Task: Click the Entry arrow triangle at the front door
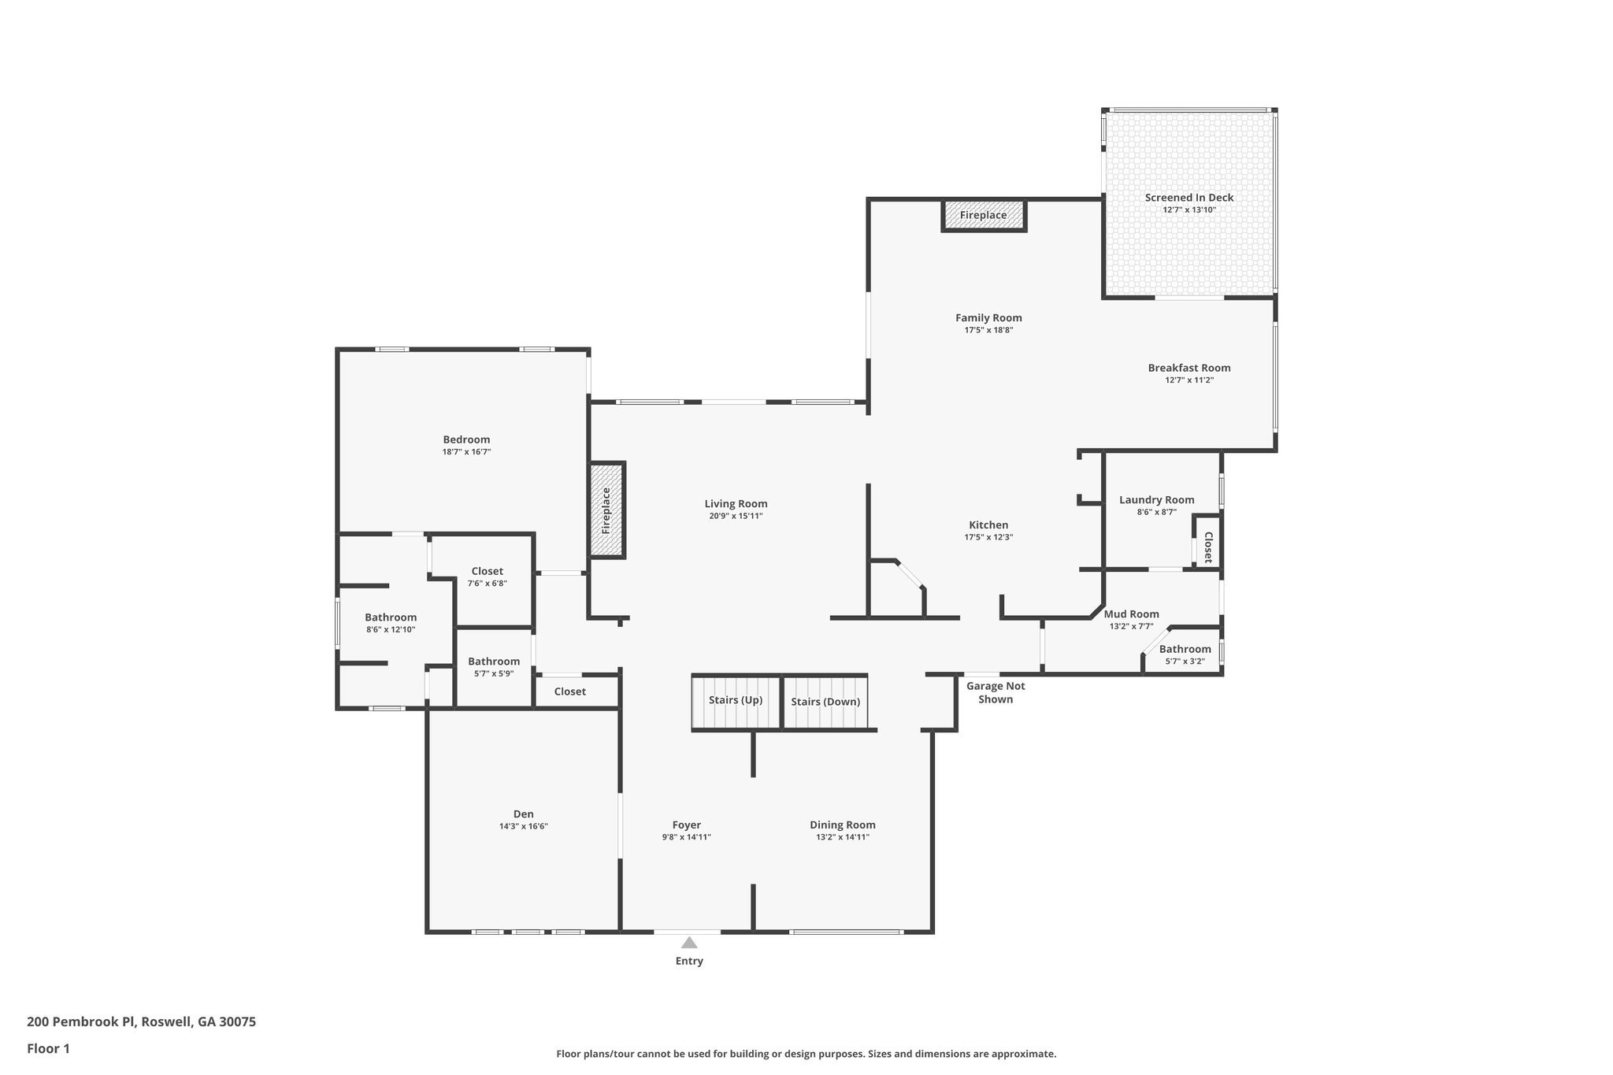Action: point(689,943)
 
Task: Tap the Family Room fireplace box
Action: point(984,215)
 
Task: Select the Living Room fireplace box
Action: point(606,510)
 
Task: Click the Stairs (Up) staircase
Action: point(736,701)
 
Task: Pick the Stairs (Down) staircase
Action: point(825,702)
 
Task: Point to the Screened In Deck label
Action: point(1189,198)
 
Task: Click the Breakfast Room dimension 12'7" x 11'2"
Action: point(1189,380)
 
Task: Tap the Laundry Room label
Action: point(1156,500)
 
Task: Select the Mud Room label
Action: point(1131,614)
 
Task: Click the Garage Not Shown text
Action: point(996,692)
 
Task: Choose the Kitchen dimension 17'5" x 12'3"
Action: point(988,537)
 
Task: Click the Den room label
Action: point(523,814)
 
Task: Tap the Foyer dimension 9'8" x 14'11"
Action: point(686,837)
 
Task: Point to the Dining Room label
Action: point(842,825)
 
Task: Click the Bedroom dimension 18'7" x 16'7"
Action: point(466,452)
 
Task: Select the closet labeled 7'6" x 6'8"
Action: point(487,577)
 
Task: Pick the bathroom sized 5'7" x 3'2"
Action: point(1185,655)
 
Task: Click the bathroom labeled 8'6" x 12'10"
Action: point(391,623)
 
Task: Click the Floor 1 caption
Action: point(49,1048)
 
